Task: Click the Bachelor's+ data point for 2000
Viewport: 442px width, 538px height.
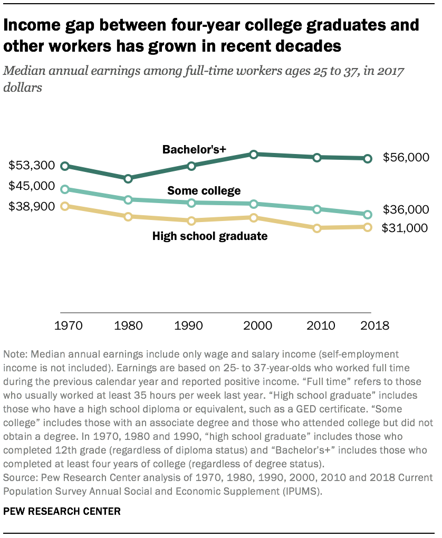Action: pos(254,155)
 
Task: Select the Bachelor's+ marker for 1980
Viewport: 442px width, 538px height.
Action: pos(128,179)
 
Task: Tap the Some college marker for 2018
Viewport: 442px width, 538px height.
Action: pos(368,215)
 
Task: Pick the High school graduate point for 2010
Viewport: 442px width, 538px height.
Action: pos(317,228)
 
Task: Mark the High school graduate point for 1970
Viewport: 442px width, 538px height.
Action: pos(65,206)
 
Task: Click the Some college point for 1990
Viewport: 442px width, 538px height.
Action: pos(191,203)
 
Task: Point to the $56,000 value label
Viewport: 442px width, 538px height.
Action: pos(406,157)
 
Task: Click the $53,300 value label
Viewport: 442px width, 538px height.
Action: pos(32,166)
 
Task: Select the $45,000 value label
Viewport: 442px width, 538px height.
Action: pos(32,186)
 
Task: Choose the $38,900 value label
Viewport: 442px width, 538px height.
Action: pos(32,206)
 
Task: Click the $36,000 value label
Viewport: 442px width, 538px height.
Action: pos(406,209)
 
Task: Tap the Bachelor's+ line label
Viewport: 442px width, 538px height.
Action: pos(194,150)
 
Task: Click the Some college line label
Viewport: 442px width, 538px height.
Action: pos(204,190)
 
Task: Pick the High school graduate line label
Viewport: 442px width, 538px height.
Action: pos(210,236)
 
